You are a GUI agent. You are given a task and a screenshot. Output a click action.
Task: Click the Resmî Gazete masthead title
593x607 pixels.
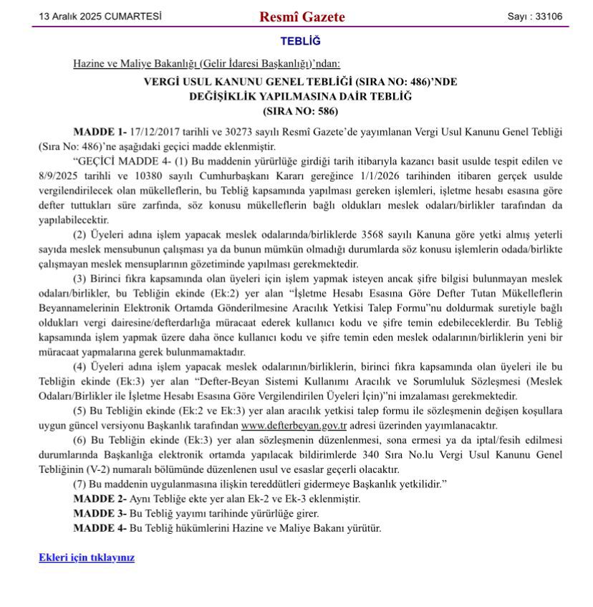pos(302,16)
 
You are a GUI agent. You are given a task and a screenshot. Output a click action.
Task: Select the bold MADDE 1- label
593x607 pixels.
pos(100,133)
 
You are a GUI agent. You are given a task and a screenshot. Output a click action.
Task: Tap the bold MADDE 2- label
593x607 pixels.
pos(100,498)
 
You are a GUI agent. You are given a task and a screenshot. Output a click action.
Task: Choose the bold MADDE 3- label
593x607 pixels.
pos(100,513)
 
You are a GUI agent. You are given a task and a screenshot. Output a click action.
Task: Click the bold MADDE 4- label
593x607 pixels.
pos(100,528)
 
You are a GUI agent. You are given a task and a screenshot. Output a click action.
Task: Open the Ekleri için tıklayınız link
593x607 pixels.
pos(87,557)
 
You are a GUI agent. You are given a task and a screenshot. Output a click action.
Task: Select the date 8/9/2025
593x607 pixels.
pos(58,176)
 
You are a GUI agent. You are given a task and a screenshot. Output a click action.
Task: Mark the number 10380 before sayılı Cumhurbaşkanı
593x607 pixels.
pos(143,176)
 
